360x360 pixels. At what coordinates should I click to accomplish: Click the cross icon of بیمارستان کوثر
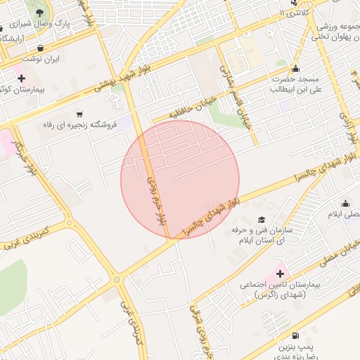click(22, 78)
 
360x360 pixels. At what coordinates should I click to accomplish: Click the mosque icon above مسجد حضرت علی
click(295, 68)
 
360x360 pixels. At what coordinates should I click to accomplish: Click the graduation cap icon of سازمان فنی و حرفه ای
click(262, 219)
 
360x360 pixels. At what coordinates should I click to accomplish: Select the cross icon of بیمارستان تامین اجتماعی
click(280, 274)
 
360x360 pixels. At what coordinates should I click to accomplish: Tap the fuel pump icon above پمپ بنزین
click(294, 335)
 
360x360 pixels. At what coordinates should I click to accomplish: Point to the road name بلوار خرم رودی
click(159, 200)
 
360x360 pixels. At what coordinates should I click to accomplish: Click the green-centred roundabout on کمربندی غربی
click(116, 279)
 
